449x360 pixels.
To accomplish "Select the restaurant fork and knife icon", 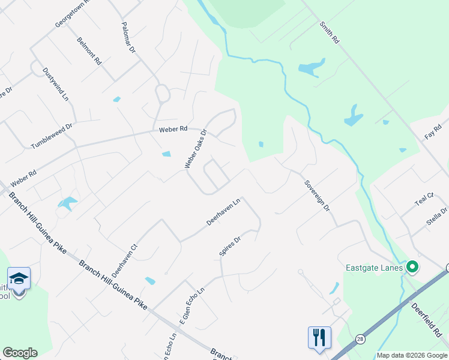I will pos(319,337).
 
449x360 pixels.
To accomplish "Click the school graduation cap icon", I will pos(19,278).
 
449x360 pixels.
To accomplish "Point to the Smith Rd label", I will pos(329,32).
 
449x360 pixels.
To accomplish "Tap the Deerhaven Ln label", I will pos(223,212).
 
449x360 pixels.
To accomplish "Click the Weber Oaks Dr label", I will pos(196,149).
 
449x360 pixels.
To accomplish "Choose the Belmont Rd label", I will pos(89,51).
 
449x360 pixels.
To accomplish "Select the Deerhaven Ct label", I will pos(133,256).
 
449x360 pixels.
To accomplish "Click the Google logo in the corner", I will pos(20,352).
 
